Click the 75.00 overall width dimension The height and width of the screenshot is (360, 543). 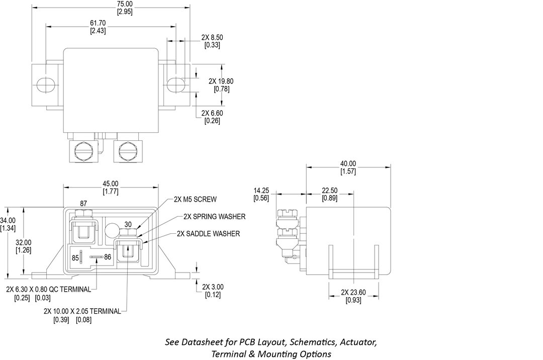[x=125, y=4]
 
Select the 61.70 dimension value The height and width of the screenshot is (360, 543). [x=98, y=24]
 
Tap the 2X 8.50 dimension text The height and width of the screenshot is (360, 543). [x=212, y=38]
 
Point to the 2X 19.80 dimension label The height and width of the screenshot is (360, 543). [x=221, y=81]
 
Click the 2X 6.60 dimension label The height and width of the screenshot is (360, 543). [x=212, y=113]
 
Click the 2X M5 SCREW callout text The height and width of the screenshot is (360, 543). [x=195, y=199]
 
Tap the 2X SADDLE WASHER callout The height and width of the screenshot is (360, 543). [x=208, y=234]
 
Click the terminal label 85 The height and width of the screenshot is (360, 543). [x=75, y=258]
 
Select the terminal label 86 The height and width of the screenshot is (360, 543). [x=108, y=257]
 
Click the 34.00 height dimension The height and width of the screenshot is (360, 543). [x=8, y=220]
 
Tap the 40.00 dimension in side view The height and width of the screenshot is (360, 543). [x=348, y=164]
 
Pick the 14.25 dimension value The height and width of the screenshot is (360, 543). [x=261, y=191]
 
